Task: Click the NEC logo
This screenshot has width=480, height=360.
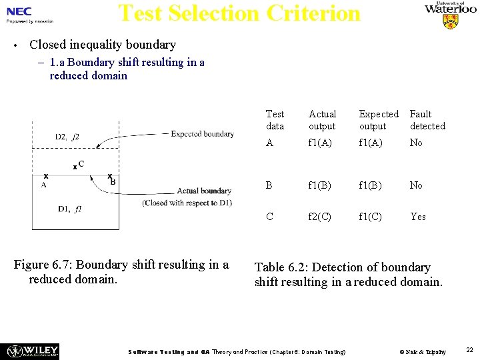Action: [19, 11]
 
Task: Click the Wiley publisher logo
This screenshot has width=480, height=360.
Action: [33, 351]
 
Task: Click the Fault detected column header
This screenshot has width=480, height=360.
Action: [427, 120]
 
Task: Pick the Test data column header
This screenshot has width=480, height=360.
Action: [275, 120]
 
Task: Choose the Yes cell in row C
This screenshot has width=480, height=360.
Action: [418, 217]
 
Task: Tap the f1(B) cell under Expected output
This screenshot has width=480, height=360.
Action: [371, 185]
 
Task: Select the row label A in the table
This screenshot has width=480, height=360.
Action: [269, 143]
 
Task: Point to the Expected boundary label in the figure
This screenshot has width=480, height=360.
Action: [202, 134]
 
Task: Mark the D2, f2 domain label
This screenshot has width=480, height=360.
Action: [67, 137]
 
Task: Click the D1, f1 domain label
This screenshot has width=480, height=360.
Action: [70, 209]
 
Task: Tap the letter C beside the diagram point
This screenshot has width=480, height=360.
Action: [81, 163]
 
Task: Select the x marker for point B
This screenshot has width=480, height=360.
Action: [109, 176]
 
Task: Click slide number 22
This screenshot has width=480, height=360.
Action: [469, 349]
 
